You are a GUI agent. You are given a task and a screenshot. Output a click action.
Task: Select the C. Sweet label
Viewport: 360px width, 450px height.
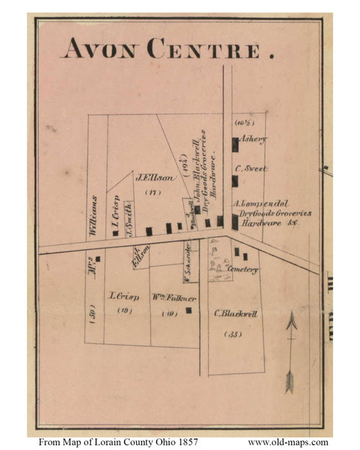point(251,168)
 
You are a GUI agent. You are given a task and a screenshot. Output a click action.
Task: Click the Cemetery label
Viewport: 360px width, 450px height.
point(242,269)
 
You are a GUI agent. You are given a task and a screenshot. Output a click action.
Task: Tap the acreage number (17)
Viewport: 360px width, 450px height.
point(151,192)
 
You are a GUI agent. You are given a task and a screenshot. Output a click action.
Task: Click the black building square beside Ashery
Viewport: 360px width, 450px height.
point(235,144)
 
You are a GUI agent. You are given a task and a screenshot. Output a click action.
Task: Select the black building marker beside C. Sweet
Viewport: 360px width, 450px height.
point(235,180)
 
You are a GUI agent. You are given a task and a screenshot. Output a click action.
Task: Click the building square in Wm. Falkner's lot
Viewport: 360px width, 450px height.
point(189,310)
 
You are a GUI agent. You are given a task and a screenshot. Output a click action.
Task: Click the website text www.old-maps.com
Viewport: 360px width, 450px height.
point(288,441)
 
